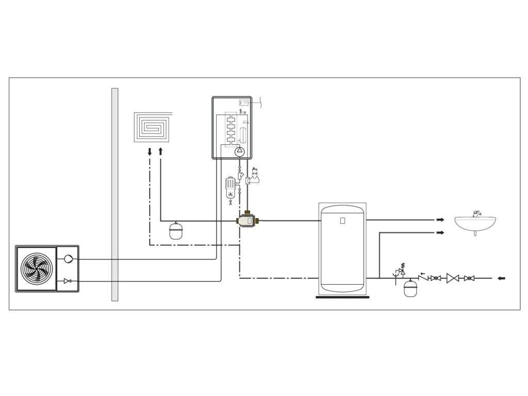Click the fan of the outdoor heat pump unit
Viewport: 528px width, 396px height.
click(36, 269)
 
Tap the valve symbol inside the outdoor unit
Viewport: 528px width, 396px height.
click(68, 281)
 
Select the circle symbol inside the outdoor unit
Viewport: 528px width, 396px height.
click(69, 259)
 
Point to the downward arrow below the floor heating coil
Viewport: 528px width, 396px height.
click(150, 152)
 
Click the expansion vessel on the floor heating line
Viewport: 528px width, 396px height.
click(176, 230)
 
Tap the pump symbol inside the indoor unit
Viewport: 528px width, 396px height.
click(240, 152)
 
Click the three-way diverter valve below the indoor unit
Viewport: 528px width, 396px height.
click(248, 221)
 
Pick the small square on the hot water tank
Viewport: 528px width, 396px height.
click(342, 221)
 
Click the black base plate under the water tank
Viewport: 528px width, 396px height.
click(342, 296)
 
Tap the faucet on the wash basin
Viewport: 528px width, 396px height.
click(477, 213)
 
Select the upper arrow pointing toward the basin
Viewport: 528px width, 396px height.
click(440, 220)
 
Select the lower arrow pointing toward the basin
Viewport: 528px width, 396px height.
click(440, 233)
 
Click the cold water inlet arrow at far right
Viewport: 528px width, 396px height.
click(501, 278)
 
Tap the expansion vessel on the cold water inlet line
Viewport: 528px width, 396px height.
click(410, 288)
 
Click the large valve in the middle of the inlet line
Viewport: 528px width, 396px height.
click(453, 278)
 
